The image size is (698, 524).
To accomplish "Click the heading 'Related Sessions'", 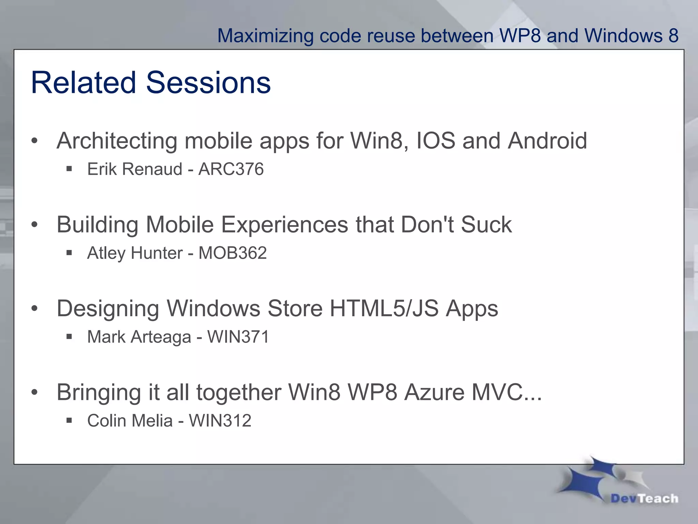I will pyautogui.click(x=151, y=83).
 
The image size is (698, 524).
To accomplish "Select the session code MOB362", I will pyautogui.click(x=232, y=253).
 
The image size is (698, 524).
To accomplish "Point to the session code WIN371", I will pyautogui.click(x=238, y=337).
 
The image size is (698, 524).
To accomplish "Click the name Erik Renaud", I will pyautogui.click(x=135, y=169).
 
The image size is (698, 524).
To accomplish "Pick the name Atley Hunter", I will pyautogui.click(x=135, y=253).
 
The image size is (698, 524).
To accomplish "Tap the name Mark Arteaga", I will pyautogui.click(x=139, y=337).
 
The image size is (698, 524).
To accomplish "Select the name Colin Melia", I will pyautogui.click(x=130, y=421).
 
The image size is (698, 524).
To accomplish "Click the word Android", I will pyautogui.click(x=547, y=141).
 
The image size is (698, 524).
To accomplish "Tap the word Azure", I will pyautogui.click(x=434, y=392).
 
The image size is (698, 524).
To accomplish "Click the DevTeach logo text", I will pyautogui.click(x=644, y=498).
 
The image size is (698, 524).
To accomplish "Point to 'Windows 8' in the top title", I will pyautogui.click(x=631, y=36).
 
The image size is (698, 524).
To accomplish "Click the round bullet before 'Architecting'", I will pyautogui.click(x=34, y=141).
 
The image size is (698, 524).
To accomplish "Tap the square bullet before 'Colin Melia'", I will pyautogui.click(x=69, y=421).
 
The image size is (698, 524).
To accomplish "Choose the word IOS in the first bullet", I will pyautogui.click(x=436, y=141).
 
